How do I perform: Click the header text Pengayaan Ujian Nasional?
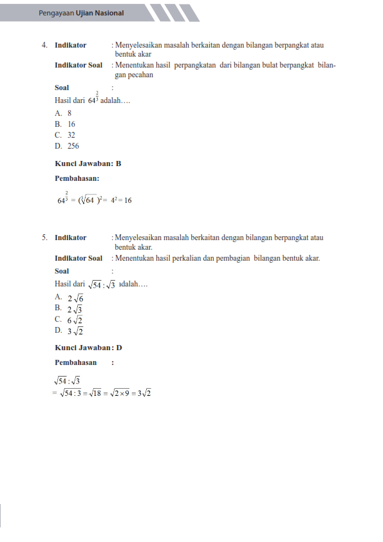point(81,13)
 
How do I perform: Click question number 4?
point(44,46)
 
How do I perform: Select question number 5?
point(44,238)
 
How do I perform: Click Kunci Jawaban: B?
point(88,164)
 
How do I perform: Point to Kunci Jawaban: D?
point(88,348)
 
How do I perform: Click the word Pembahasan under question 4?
point(77,179)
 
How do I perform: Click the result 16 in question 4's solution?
point(128,200)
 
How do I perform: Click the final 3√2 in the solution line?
point(144,393)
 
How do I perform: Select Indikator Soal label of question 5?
point(79,258)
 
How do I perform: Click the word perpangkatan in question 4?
point(192,65)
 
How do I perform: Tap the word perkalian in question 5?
point(203,258)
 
